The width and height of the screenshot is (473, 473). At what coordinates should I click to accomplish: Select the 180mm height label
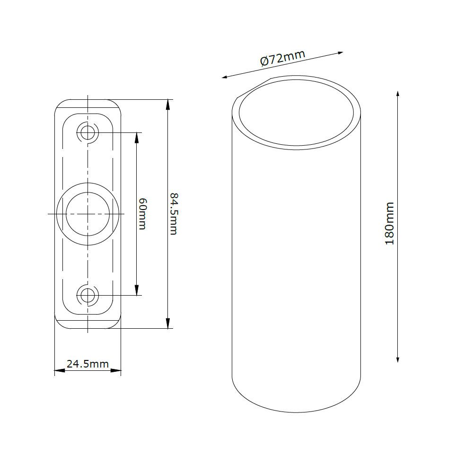click(x=389, y=223)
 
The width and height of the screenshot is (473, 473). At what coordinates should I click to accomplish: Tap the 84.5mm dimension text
click(x=173, y=213)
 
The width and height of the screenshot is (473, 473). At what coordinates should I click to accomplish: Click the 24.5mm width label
click(x=88, y=364)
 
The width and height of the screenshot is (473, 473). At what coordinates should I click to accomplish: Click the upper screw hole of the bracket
click(x=88, y=132)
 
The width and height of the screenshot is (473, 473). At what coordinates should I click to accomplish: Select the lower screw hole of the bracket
click(x=88, y=296)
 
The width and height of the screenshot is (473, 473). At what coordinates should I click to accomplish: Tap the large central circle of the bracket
click(x=88, y=214)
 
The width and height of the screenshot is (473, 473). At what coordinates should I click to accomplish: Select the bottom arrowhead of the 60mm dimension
click(x=137, y=292)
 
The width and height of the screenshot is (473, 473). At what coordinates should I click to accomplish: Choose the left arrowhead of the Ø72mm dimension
click(x=225, y=77)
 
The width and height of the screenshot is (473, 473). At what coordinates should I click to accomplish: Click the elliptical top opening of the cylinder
click(x=296, y=114)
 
